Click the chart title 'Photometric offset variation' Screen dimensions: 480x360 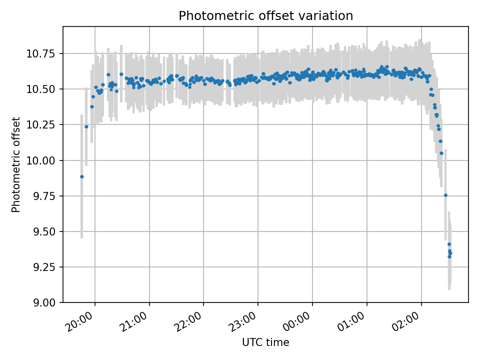(265, 15)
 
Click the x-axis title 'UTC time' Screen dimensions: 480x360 (265, 342)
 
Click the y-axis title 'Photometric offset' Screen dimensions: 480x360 (15, 164)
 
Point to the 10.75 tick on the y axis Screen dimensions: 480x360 (40, 54)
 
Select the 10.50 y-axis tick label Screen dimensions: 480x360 (40, 89)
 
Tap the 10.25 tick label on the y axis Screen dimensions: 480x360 (40, 125)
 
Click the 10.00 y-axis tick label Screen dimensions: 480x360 (40, 160)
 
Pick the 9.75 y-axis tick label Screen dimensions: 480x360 (43, 196)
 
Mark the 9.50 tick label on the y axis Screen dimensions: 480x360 (43, 231)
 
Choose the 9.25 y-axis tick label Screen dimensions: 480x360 (43, 267)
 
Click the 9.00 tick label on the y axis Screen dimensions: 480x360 (43, 303)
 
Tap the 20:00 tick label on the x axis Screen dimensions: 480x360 (80, 321)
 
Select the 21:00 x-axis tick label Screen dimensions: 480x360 (134, 321)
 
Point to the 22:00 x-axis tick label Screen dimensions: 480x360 (189, 321)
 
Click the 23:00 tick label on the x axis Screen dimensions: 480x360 (243, 321)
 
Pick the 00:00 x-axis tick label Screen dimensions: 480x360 (298, 321)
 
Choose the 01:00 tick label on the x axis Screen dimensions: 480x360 (352, 321)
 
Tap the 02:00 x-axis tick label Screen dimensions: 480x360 (407, 321)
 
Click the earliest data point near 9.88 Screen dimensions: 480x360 (81, 177)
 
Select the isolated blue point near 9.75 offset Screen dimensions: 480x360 (445, 195)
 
